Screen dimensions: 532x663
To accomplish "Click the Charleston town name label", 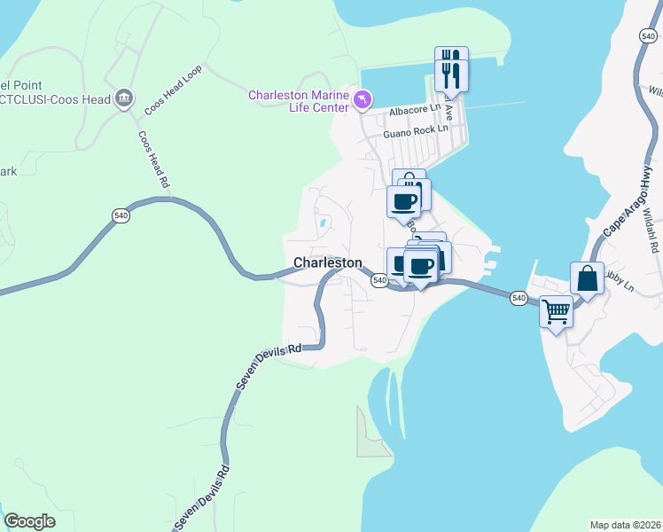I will click(x=327, y=262).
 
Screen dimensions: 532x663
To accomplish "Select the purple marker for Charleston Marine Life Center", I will click(x=363, y=100).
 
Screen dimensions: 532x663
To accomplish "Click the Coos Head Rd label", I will click(x=153, y=160).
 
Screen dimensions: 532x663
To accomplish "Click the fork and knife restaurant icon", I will click(x=452, y=69).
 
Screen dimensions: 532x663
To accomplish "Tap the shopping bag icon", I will click(x=587, y=278).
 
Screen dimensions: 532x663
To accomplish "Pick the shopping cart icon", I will click(x=556, y=310).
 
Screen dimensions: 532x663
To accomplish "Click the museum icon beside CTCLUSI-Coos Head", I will click(x=124, y=98).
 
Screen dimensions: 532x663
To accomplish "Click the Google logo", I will click(x=29, y=521).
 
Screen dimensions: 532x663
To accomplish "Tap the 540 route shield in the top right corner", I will click(x=648, y=35).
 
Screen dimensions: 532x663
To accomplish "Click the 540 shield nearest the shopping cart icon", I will click(x=519, y=298).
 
